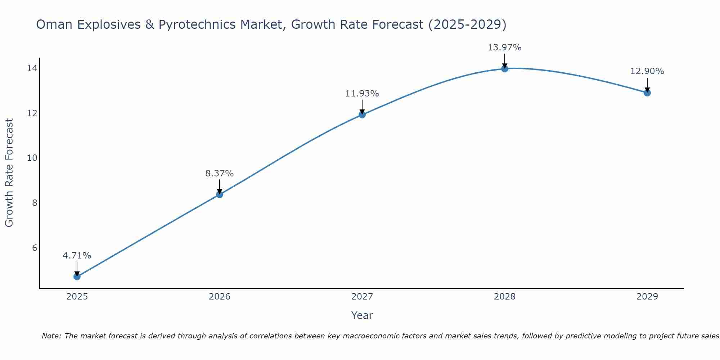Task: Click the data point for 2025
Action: pos(77,276)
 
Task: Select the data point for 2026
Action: pos(219,194)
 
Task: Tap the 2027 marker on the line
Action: pos(362,115)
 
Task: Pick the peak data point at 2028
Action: pos(504,69)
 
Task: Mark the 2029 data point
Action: pos(647,93)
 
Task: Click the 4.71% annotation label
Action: pos(77,256)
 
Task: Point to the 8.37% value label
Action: pos(219,174)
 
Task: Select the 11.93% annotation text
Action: pos(362,94)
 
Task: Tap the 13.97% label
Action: pos(504,48)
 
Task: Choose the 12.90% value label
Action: pos(647,71)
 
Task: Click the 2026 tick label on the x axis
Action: pos(219,297)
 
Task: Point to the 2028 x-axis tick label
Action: pos(504,297)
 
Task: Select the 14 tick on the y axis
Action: pos(32,68)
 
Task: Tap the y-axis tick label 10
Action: pos(32,158)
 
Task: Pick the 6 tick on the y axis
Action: pos(35,248)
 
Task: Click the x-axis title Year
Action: pos(362,315)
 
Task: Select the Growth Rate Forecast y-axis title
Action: pos(9,173)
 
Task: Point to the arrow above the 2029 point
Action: pos(647,85)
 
